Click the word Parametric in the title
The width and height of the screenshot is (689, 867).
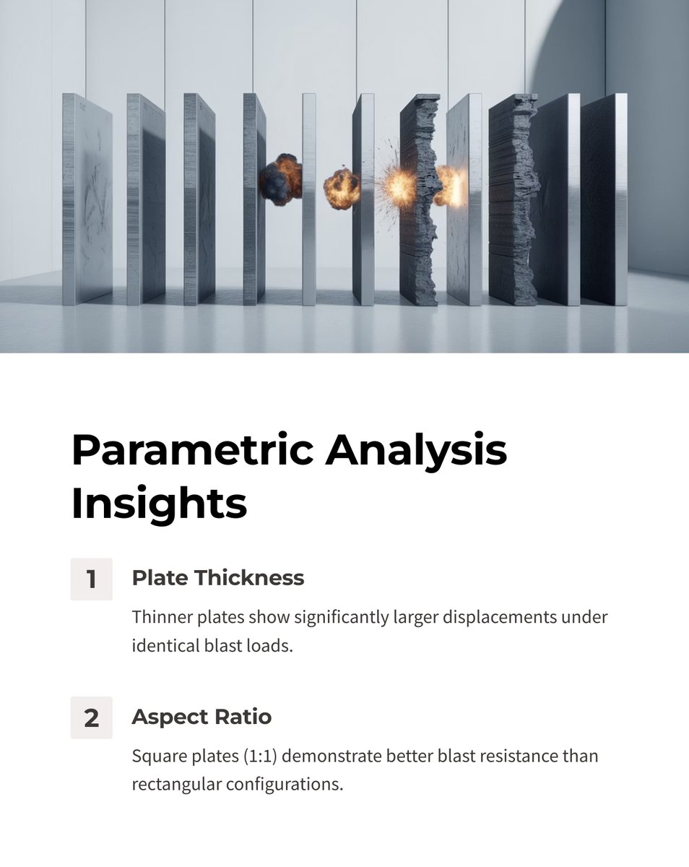click(x=191, y=450)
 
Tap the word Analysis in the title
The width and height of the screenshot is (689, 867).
click(x=416, y=450)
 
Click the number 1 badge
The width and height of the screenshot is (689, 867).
click(x=92, y=579)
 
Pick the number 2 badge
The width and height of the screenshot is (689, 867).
click(x=92, y=717)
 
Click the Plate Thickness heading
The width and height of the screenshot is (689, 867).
click(x=217, y=578)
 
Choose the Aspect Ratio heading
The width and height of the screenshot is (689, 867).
click(x=201, y=717)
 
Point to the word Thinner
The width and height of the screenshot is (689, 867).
click(x=160, y=618)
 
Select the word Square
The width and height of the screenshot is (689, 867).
click(x=156, y=756)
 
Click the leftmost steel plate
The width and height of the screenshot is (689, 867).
click(x=87, y=199)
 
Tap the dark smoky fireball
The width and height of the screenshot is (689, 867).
click(x=280, y=178)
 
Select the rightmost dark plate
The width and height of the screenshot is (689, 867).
click(x=604, y=199)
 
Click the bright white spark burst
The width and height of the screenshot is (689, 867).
click(x=399, y=185)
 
